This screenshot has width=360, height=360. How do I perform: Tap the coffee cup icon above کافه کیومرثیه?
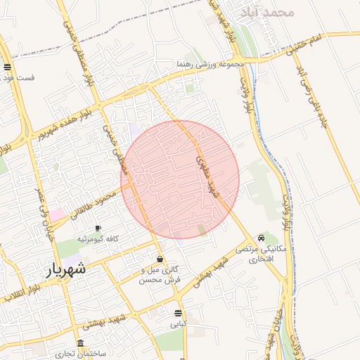(x=98, y=229)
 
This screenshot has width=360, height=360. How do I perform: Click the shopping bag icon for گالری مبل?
(x=161, y=258)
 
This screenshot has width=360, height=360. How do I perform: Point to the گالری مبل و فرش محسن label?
(x=162, y=274)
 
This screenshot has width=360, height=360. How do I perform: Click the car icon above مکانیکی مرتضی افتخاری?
(x=262, y=238)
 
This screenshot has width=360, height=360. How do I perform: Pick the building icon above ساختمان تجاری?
(x=81, y=344)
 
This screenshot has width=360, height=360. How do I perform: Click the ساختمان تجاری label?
(x=82, y=354)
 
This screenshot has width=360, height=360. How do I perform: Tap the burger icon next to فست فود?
(x=7, y=67)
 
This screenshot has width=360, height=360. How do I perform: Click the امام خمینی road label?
(x=324, y=39)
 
